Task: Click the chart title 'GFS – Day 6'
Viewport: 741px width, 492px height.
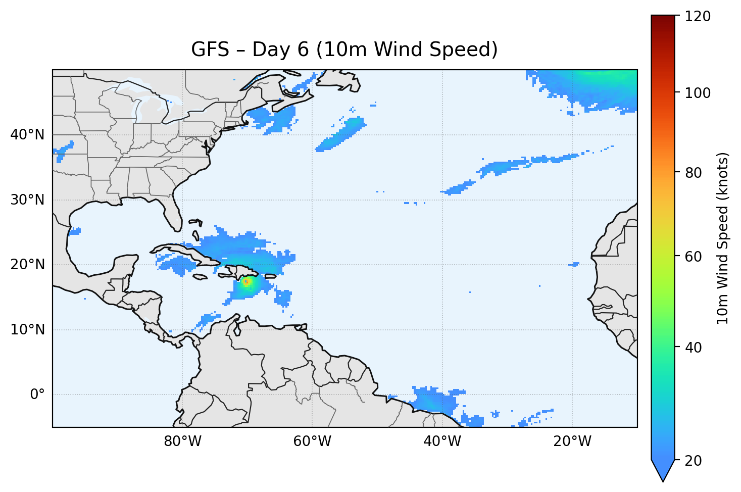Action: tap(344, 50)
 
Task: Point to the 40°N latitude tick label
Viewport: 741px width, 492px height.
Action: tap(27, 135)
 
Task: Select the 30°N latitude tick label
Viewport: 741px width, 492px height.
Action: tap(27, 200)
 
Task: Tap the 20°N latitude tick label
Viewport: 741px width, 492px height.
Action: tap(27, 265)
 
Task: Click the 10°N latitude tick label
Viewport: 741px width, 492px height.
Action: tap(27, 330)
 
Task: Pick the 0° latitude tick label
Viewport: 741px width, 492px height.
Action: tap(37, 395)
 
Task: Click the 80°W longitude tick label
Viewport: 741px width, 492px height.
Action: tap(182, 441)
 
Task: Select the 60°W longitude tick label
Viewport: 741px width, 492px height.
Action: tap(312, 441)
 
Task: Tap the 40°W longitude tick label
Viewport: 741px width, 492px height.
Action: tap(442, 441)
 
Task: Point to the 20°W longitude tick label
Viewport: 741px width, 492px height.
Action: tap(572, 441)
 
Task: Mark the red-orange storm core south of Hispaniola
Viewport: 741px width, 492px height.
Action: tap(246, 282)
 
